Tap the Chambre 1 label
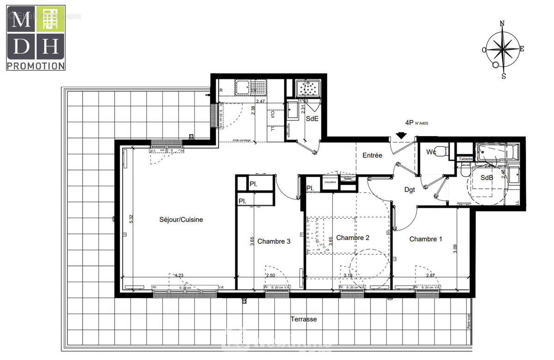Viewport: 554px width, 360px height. coord(426,239)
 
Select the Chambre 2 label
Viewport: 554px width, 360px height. coord(353,238)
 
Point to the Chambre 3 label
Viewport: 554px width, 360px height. coord(274,241)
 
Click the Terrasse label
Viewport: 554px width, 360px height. coord(303,319)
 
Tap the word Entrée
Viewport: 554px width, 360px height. coord(372,156)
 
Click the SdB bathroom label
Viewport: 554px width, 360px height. coord(486,177)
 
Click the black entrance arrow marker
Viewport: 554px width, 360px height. coord(401,136)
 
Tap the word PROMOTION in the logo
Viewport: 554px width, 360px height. coord(36,66)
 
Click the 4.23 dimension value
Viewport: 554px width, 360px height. coord(179,276)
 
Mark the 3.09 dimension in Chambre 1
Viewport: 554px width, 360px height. coord(455,250)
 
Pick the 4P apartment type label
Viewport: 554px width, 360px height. coord(409,123)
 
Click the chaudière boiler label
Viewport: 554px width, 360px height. coord(330,182)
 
